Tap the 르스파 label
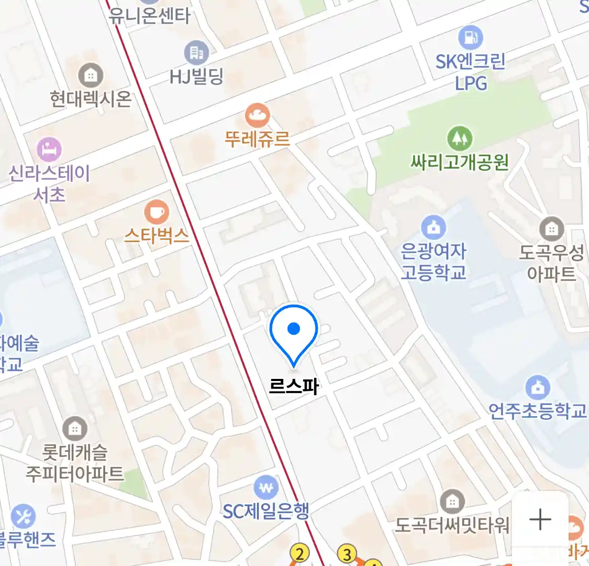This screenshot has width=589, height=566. click(x=294, y=387)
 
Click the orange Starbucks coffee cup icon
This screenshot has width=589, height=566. click(x=156, y=212)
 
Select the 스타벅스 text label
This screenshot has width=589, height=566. click(x=157, y=236)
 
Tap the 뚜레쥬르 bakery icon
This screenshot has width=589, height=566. click(x=257, y=115)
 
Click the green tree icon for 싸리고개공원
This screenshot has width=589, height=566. click(x=459, y=138)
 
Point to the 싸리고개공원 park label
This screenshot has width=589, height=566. click(x=459, y=162)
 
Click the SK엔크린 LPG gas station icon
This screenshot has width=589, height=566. click(x=470, y=37)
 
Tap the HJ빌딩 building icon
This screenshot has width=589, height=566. click(x=196, y=52)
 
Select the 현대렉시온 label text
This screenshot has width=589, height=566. click(x=91, y=99)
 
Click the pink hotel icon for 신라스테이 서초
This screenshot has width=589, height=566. click(x=49, y=150)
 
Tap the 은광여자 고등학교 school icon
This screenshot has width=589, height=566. click(x=433, y=227)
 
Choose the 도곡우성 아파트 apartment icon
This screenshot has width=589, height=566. click(x=551, y=228)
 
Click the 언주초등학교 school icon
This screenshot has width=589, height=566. click(x=538, y=388)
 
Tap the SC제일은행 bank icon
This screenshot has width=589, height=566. click(x=266, y=488)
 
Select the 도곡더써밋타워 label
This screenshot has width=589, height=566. click(x=452, y=525)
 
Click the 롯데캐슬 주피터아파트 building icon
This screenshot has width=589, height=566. click(x=75, y=429)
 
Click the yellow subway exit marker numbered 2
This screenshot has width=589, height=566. click(x=299, y=553)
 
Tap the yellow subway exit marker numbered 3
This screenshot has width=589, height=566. click(x=347, y=553)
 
